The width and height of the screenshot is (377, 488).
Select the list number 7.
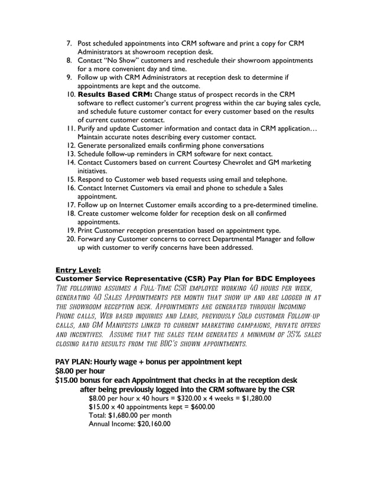tap(68, 44)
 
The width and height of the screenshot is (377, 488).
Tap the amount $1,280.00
tap(251, 398)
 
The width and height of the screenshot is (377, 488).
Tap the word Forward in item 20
tap(93, 239)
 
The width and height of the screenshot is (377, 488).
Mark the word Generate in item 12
tap(95, 145)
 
